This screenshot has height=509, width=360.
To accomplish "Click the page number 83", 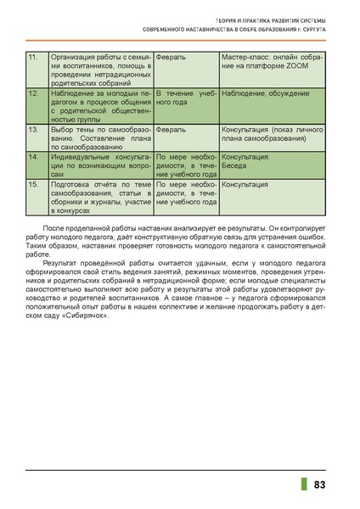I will tap(320, 484).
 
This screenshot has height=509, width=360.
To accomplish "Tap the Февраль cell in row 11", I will tap(172, 56).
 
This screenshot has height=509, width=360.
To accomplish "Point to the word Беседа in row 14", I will tap(238, 165).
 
